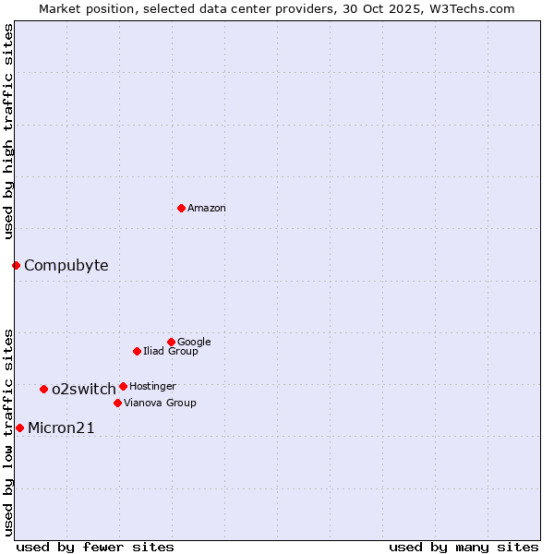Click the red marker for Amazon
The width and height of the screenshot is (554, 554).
(x=181, y=208)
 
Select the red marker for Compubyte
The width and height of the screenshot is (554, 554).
(x=16, y=265)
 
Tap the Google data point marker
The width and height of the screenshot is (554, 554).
(x=171, y=342)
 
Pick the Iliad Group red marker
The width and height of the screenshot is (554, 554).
(x=137, y=351)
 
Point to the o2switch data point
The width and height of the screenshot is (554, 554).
(x=43, y=389)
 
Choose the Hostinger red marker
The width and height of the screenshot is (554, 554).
(x=123, y=386)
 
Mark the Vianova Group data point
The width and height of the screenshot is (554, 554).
(x=117, y=403)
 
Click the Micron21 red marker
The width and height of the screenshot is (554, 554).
(x=19, y=428)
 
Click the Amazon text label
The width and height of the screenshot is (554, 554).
(x=207, y=209)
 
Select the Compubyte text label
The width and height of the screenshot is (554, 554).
(x=66, y=266)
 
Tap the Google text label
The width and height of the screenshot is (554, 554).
(x=194, y=343)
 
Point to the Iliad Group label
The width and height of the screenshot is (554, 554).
(x=171, y=352)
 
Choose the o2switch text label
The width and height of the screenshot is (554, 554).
(x=84, y=390)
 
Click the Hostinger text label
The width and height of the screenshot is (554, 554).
(x=152, y=387)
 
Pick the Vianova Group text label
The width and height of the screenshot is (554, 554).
(x=160, y=403)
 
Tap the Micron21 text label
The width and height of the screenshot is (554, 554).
(x=61, y=428)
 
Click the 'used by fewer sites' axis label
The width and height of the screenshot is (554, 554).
(x=95, y=547)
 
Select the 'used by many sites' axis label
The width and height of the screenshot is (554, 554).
(x=464, y=547)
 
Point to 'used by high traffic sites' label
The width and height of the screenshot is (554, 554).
(x=9, y=132)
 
